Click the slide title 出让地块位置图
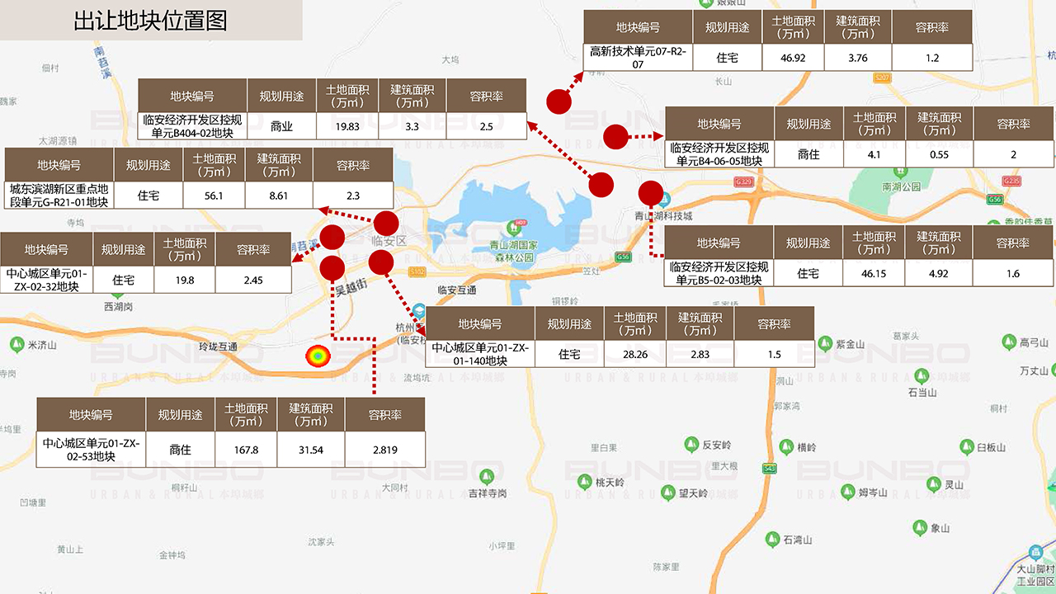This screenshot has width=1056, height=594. point(150,21)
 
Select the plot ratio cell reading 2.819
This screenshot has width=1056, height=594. point(384,450)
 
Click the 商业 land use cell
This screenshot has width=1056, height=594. point(281,126)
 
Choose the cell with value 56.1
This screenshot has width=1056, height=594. point(214,196)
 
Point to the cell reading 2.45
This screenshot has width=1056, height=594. point(252,280)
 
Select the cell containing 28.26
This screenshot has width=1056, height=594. point(634,354)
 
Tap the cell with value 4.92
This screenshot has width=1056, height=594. point(939,273)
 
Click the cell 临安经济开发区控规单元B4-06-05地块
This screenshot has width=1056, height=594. point(719,154)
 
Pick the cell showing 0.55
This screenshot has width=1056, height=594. point(939,154)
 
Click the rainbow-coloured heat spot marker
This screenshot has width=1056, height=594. point(317,356)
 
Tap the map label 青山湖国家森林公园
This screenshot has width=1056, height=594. point(513,251)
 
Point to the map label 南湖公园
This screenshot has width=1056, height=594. point(901,187)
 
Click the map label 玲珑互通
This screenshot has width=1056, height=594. point(219,347)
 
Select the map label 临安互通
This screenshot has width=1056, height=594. point(457,290)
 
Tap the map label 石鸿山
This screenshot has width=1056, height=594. point(798,540)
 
